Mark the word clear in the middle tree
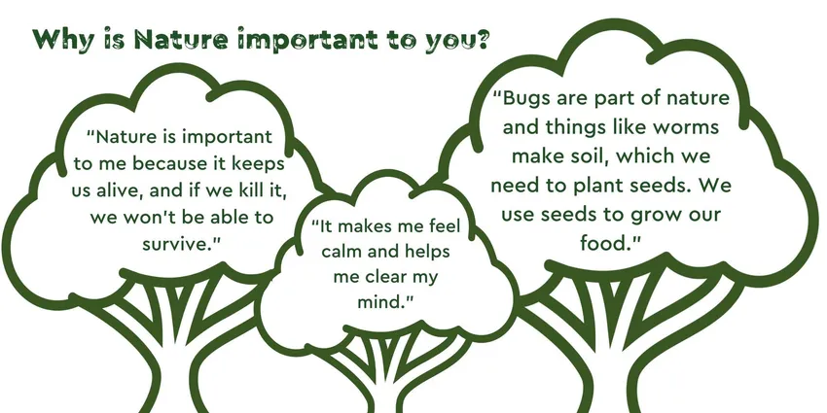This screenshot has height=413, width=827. [386, 277]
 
